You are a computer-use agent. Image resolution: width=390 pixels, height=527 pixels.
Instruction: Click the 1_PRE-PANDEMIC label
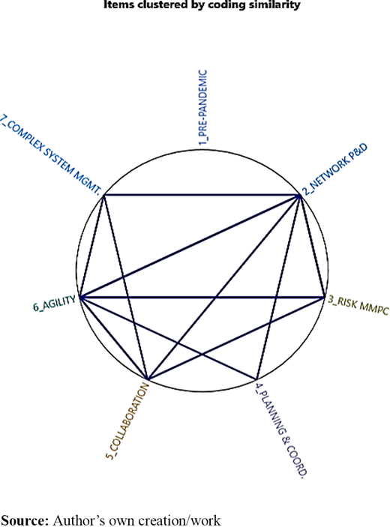pos(203,107)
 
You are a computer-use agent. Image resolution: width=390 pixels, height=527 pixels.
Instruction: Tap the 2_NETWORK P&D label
pos(335,169)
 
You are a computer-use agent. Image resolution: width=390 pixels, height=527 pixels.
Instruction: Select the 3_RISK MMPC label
pos(358,306)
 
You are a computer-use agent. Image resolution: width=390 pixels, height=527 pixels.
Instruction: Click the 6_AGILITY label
pos(55,304)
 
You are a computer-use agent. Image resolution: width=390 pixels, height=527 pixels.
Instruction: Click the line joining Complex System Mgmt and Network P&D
pos(202,195)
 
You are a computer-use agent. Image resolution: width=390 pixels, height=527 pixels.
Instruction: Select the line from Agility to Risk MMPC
pos(202,297)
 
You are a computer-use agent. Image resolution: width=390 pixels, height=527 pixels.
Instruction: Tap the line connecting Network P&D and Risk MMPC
pos(312,246)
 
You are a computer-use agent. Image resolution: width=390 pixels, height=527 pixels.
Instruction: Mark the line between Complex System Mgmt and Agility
pos(92,246)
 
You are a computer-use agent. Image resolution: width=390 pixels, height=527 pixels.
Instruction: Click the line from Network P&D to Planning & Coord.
pos(278,287)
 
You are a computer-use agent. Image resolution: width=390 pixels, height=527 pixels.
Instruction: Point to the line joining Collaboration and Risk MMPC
pos(235,338)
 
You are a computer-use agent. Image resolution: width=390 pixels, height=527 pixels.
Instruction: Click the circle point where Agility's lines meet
pos(80,297)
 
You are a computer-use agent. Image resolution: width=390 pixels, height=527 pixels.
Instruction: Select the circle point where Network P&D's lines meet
pos(299,195)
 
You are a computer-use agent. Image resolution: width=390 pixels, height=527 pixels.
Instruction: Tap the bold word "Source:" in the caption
pos(25,520)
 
